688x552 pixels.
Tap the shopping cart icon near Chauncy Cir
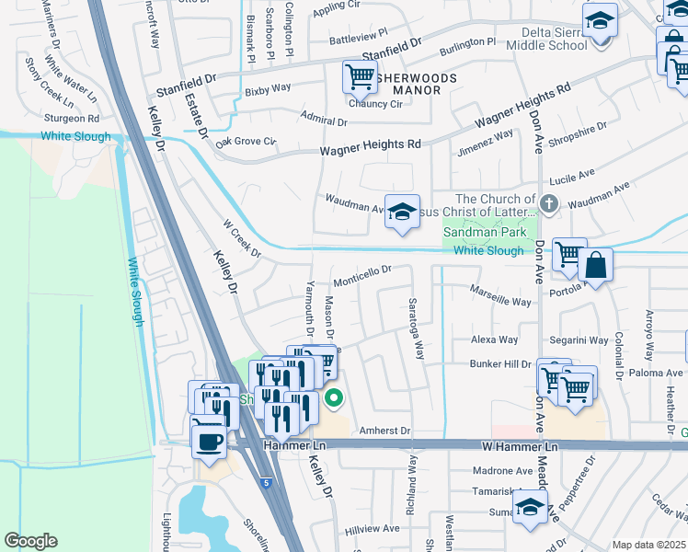coord(359,76)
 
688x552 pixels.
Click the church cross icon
coord(549,203)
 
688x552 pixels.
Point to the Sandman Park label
coord(485,233)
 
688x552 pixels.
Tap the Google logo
coord(30,541)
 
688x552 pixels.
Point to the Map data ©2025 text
coord(648,545)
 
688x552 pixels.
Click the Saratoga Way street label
coord(416,328)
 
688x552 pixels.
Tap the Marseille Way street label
coord(500,301)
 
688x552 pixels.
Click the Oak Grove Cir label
coord(246,142)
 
